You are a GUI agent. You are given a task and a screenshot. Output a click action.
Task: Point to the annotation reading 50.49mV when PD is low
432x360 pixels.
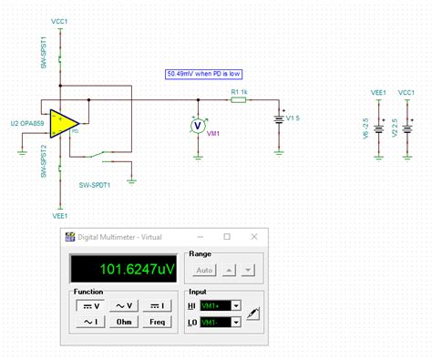coord(205,74)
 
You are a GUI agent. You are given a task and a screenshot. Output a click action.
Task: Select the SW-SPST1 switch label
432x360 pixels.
coord(44,56)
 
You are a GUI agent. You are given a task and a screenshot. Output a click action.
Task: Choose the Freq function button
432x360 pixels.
coord(158,322)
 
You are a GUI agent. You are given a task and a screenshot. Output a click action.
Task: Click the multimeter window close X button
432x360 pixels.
coord(252,236)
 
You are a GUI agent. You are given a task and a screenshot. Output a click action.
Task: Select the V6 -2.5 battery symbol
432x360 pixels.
coord(377,128)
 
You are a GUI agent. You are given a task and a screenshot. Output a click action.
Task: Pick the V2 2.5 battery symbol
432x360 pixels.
coord(406,128)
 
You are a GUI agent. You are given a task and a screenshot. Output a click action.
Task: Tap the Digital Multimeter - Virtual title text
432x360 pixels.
coord(114,236)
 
